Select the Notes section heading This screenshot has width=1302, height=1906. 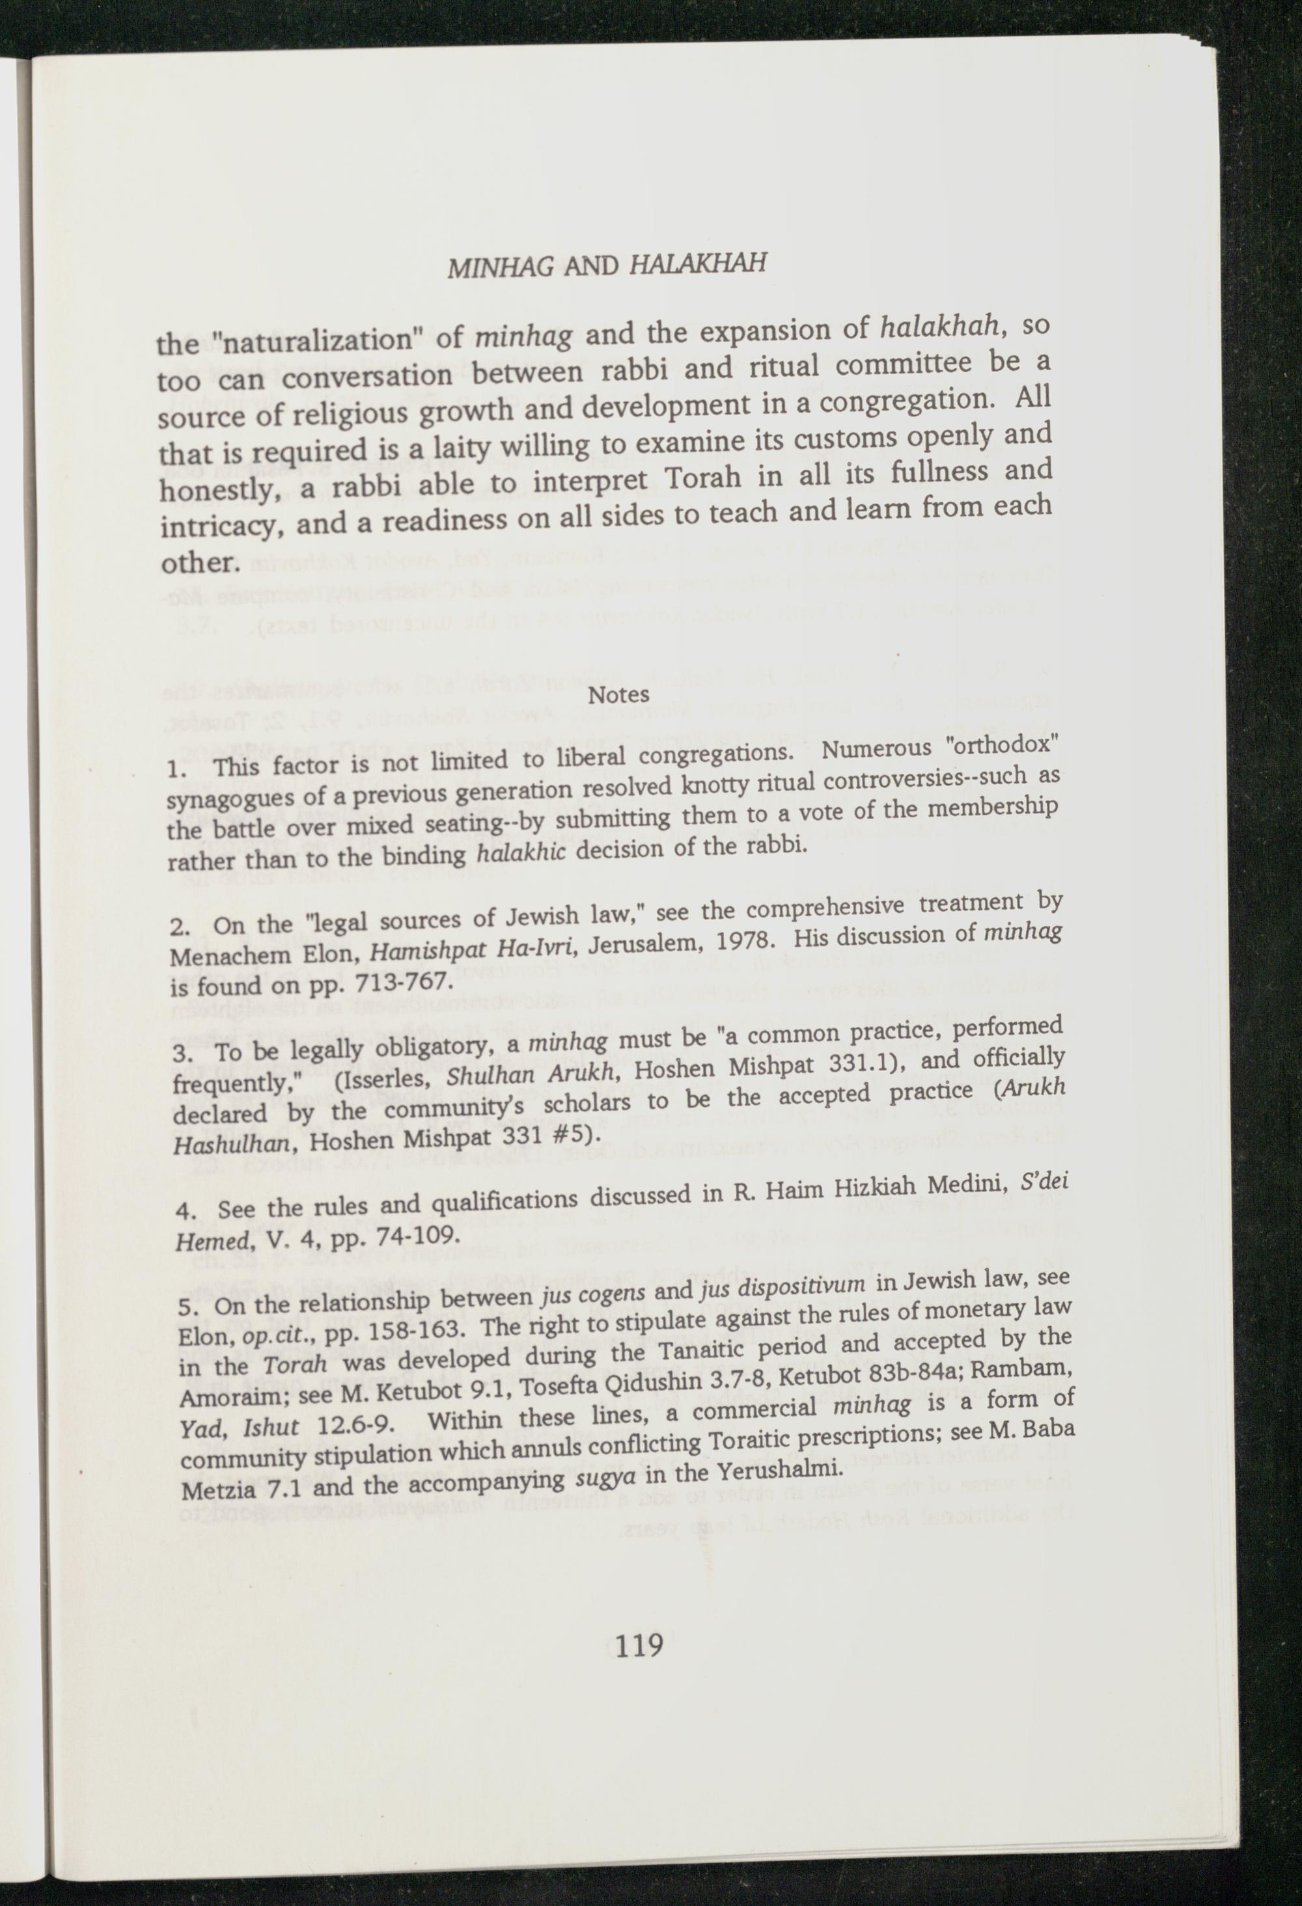pos(619,694)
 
